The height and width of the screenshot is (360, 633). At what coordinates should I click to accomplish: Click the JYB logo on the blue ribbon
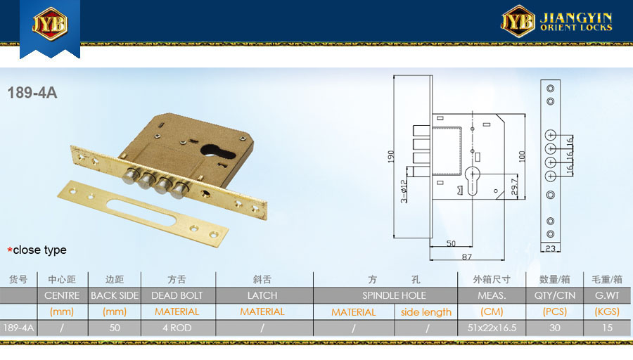[x=50, y=23]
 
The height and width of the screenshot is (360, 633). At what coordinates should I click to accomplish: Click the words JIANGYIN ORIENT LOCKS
[x=576, y=22]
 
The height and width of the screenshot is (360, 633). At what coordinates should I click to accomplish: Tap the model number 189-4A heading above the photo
[x=32, y=93]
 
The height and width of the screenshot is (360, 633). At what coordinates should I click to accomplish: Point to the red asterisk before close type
[x=10, y=250]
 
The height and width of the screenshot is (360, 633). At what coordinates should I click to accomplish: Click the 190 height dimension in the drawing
[x=391, y=157]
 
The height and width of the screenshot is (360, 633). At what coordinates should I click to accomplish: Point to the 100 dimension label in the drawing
[x=522, y=157]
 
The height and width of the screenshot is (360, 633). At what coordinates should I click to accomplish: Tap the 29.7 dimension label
[x=514, y=187]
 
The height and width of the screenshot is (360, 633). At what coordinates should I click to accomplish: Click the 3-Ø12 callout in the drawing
[x=404, y=191]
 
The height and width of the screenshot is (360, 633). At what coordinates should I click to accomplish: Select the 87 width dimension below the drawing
[x=467, y=257]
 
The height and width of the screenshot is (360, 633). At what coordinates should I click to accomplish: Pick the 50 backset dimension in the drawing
[x=451, y=243]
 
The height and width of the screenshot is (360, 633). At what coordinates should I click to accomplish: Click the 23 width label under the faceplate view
[x=550, y=249]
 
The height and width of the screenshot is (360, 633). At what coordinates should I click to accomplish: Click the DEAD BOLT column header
[x=177, y=295]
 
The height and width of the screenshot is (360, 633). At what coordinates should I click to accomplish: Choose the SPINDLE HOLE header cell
[x=394, y=295]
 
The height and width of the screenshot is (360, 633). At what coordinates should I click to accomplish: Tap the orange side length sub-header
[x=426, y=312]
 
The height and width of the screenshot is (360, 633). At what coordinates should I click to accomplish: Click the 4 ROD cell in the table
[x=177, y=328]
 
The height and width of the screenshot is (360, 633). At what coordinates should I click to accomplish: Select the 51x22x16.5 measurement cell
[x=492, y=328]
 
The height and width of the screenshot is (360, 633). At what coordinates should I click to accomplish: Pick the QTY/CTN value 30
[x=555, y=328]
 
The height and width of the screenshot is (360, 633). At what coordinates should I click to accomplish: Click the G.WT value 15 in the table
[x=607, y=328]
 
